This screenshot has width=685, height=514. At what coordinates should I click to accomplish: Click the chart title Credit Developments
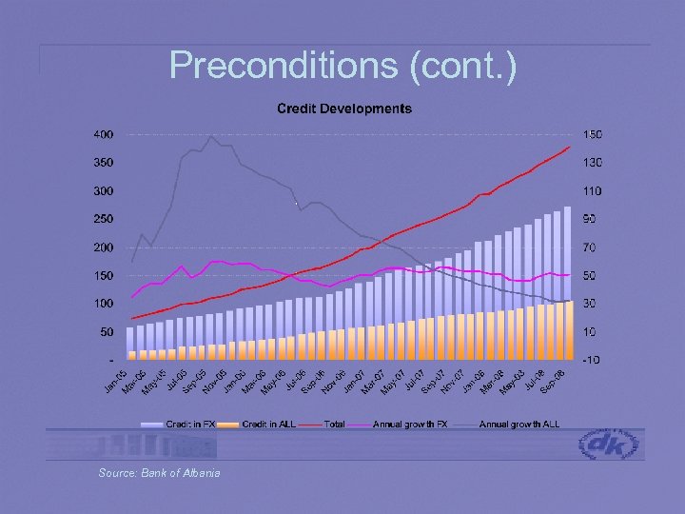[344, 109]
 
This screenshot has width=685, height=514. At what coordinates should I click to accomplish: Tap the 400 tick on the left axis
[102, 134]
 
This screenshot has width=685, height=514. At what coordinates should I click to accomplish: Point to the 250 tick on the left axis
[102, 219]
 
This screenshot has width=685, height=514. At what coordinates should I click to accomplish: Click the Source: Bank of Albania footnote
[159, 473]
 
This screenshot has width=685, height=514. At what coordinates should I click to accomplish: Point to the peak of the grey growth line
[211, 136]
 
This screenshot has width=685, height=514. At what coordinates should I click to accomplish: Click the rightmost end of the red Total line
[569, 148]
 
